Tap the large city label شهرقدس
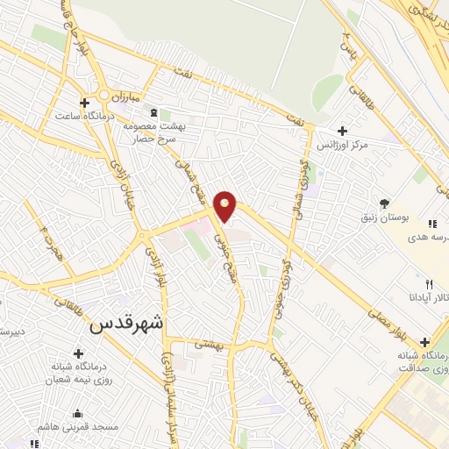(x=126, y=323)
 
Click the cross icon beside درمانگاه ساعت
(x=84, y=101)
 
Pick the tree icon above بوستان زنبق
(x=384, y=203)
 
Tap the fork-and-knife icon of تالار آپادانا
(x=429, y=284)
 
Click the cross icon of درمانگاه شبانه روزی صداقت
(x=425, y=342)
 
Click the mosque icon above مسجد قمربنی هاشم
(x=78, y=413)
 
